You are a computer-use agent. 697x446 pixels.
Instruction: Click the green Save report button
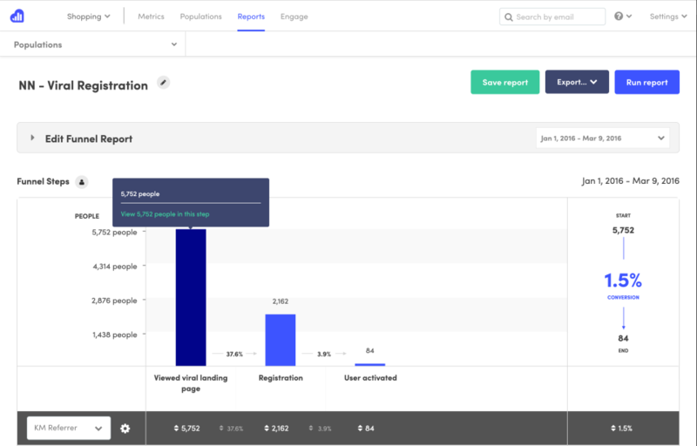[505, 82]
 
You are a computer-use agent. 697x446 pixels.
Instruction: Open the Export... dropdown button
[577, 82]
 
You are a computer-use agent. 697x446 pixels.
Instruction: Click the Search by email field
[553, 17]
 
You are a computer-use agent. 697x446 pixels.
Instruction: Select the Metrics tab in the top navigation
[157, 17]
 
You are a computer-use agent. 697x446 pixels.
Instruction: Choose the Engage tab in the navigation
[294, 17]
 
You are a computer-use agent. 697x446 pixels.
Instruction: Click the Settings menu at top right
[667, 17]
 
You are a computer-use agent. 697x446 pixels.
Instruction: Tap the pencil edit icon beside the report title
[163, 83]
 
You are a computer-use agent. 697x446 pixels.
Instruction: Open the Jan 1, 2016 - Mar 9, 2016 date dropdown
[602, 138]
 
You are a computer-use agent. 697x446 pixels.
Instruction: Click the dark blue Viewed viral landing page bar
[191, 296]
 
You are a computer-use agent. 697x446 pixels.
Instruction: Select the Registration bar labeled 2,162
[281, 339]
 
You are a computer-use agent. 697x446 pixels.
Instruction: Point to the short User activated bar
[369, 364]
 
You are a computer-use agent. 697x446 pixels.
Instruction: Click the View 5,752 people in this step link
[165, 213]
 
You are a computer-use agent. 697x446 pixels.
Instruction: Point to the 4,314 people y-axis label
[114, 267]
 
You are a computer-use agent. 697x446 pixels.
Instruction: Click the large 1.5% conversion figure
[623, 280]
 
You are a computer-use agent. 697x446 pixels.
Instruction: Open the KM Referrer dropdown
[69, 428]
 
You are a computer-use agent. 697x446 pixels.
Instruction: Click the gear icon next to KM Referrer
[125, 428]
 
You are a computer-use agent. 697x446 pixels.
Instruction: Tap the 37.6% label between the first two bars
[234, 354]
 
